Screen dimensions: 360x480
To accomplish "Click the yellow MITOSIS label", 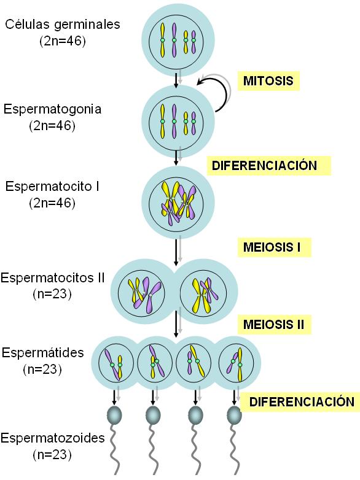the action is (x=268, y=81).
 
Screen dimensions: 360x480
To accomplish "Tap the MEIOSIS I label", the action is (x=272, y=247).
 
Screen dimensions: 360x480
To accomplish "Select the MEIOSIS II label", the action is (x=274, y=325).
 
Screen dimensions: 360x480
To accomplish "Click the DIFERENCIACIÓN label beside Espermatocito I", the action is (x=265, y=166).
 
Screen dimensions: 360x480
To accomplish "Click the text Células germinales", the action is (x=63, y=25).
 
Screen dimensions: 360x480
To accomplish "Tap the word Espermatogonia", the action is (x=52, y=109).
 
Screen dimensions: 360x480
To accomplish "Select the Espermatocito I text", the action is (x=52, y=187).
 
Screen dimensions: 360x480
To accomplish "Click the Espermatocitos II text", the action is (x=53, y=277).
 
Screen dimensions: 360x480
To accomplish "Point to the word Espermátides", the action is (x=43, y=353).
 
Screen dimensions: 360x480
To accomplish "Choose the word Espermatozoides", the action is (x=53, y=438).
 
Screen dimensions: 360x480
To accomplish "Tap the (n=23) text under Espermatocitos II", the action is (x=52, y=294).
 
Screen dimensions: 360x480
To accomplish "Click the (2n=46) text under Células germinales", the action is (x=63, y=41).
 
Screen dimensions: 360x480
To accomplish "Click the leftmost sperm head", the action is (x=114, y=415).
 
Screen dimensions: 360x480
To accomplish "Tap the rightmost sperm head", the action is (x=235, y=415).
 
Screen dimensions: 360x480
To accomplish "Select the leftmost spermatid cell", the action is (x=115, y=363).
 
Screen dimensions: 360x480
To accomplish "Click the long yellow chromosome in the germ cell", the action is (x=163, y=40).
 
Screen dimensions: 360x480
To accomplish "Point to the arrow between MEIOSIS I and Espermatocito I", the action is (x=176, y=252).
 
